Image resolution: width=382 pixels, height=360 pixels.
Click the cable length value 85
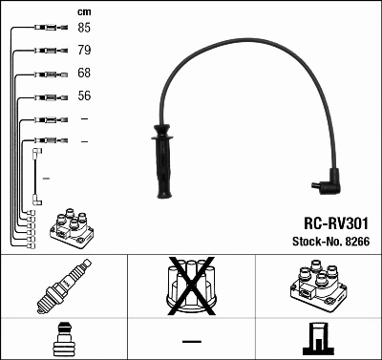[x=84, y=28]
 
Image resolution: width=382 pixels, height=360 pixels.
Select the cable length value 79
[x=84, y=51]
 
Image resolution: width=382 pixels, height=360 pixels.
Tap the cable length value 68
[x=84, y=74]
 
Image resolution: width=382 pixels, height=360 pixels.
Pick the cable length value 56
[x=84, y=96]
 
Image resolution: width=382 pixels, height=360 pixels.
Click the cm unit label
[x=83, y=11]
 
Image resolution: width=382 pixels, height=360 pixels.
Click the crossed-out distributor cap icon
[x=191, y=286]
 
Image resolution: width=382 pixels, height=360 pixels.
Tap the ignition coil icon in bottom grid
[x=316, y=286]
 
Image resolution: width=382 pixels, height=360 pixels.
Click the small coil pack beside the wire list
[x=70, y=226]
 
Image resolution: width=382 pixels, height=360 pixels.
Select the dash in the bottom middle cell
[x=191, y=341]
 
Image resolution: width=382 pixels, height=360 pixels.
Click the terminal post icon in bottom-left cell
[x=63, y=340]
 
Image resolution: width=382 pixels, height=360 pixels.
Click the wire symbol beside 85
[x=47, y=29]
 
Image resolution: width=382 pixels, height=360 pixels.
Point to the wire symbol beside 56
[x=47, y=97]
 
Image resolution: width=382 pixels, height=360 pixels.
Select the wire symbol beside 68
[x=47, y=74]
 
